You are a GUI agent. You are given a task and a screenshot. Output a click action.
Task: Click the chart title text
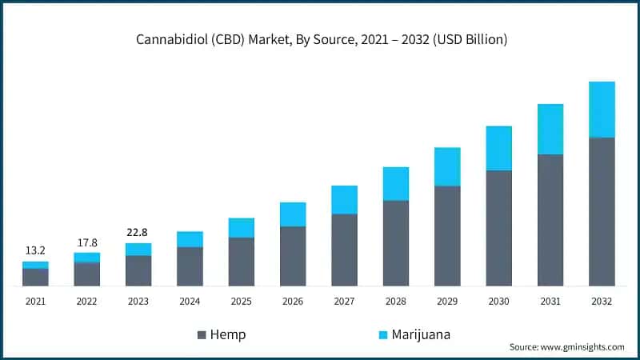pyautogui.click(x=320, y=39)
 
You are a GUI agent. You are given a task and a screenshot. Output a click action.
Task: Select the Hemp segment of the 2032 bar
pyautogui.click(x=602, y=211)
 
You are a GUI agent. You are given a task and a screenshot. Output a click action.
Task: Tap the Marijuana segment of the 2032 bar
pyautogui.click(x=602, y=110)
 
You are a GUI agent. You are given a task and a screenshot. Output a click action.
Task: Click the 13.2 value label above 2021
pyautogui.click(x=35, y=250)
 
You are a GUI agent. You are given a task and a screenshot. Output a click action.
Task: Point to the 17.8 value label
pyautogui.click(x=86, y=242)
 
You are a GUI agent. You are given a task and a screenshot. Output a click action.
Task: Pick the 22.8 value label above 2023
pyautogui.click(x=138, y=232)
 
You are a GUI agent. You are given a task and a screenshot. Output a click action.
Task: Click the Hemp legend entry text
pyautogui.click(x=227, y=334)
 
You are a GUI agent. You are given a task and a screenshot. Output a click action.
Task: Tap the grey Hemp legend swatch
pyautogui.click(x=202, y=334)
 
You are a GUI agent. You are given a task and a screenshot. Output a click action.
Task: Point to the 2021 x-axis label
pyautogui.click(x=35, y=301)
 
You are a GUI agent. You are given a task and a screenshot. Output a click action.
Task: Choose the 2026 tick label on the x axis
pyautogui.click(x=293, y=301)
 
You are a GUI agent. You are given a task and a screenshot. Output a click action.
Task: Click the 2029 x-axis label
pyautogui.click(x=447, y=301)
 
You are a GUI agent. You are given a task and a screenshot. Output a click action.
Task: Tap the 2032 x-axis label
pyautogui.click(x=602, y=301)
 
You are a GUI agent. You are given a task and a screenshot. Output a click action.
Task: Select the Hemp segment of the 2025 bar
pyautogui.click(x=241, y=262)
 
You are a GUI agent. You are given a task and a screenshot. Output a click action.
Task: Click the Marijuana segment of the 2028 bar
pyautogui.click(x=395, y=183)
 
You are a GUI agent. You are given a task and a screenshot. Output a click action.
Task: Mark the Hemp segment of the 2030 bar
pyautogui.click(x=498, y=228)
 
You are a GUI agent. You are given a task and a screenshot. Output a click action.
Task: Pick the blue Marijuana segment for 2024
pyautogui.click(x=190, y=239)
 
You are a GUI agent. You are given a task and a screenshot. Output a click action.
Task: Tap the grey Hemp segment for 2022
pyautogui.click(x=86, y=274)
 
